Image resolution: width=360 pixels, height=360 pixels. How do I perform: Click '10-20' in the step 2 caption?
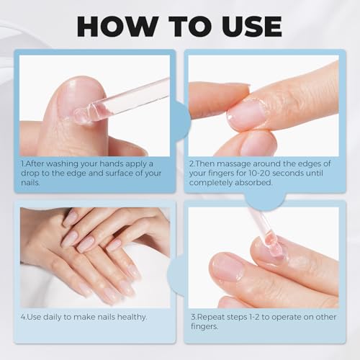[x=279, y=174]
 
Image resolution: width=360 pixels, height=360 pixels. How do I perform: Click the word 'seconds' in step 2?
[x=310, y=174]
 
